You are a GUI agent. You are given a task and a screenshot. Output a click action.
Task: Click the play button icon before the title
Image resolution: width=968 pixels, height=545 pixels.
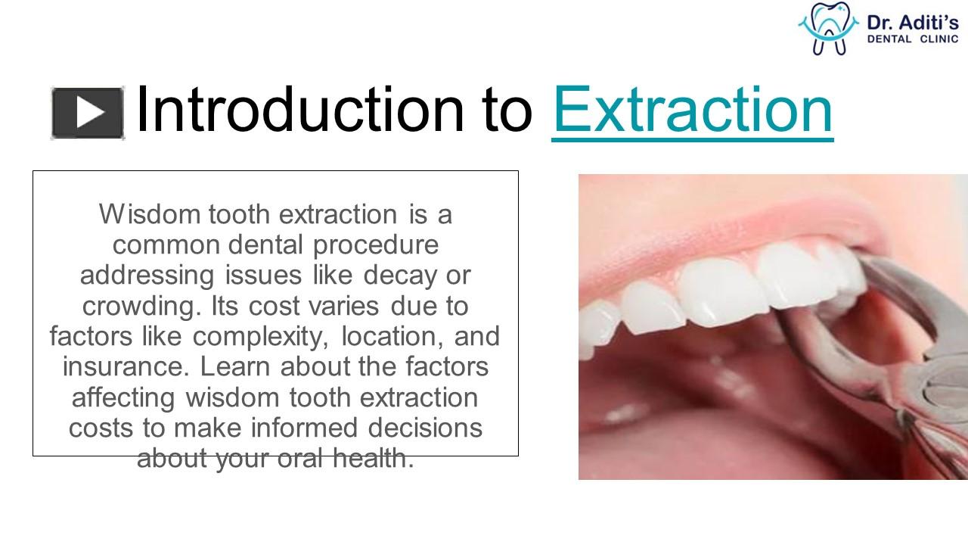[88, 114]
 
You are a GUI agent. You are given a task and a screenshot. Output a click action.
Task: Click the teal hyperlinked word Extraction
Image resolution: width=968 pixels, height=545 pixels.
[692, 110]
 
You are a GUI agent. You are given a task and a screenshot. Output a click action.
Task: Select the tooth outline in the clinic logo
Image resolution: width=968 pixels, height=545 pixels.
[828, 28]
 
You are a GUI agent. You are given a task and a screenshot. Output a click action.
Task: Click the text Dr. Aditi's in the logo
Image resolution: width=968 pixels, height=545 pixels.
[913, 22]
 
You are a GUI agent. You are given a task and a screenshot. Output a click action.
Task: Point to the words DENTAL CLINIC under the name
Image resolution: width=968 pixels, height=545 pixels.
[913, 39]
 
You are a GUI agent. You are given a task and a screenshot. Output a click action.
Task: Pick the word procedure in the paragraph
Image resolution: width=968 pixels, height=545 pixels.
[376, 246]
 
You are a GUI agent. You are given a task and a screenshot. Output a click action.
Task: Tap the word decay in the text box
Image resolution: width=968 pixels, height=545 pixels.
[400, 276]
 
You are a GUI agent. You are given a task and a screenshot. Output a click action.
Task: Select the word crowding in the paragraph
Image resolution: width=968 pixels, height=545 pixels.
[141, 307]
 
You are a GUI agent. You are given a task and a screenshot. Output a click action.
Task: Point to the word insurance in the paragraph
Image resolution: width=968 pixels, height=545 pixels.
[126, 367]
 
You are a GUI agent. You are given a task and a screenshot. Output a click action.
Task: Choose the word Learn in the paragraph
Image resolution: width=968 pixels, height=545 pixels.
[235, 367]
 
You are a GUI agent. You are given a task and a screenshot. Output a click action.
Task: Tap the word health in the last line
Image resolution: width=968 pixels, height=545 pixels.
[373, 459]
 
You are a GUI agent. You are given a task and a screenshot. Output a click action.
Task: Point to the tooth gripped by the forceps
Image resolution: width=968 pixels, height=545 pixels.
[842, 277]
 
